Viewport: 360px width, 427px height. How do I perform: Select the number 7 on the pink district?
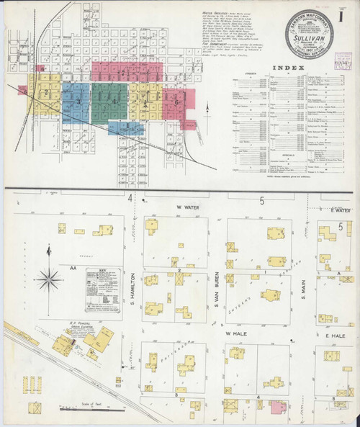coord(123,73)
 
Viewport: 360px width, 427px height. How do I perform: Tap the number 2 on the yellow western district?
coord(46,92)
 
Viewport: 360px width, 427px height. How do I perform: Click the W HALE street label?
coord(235,334)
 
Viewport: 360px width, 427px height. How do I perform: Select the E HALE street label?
coord(338,335)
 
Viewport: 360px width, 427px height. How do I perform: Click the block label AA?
coord(72,267)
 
